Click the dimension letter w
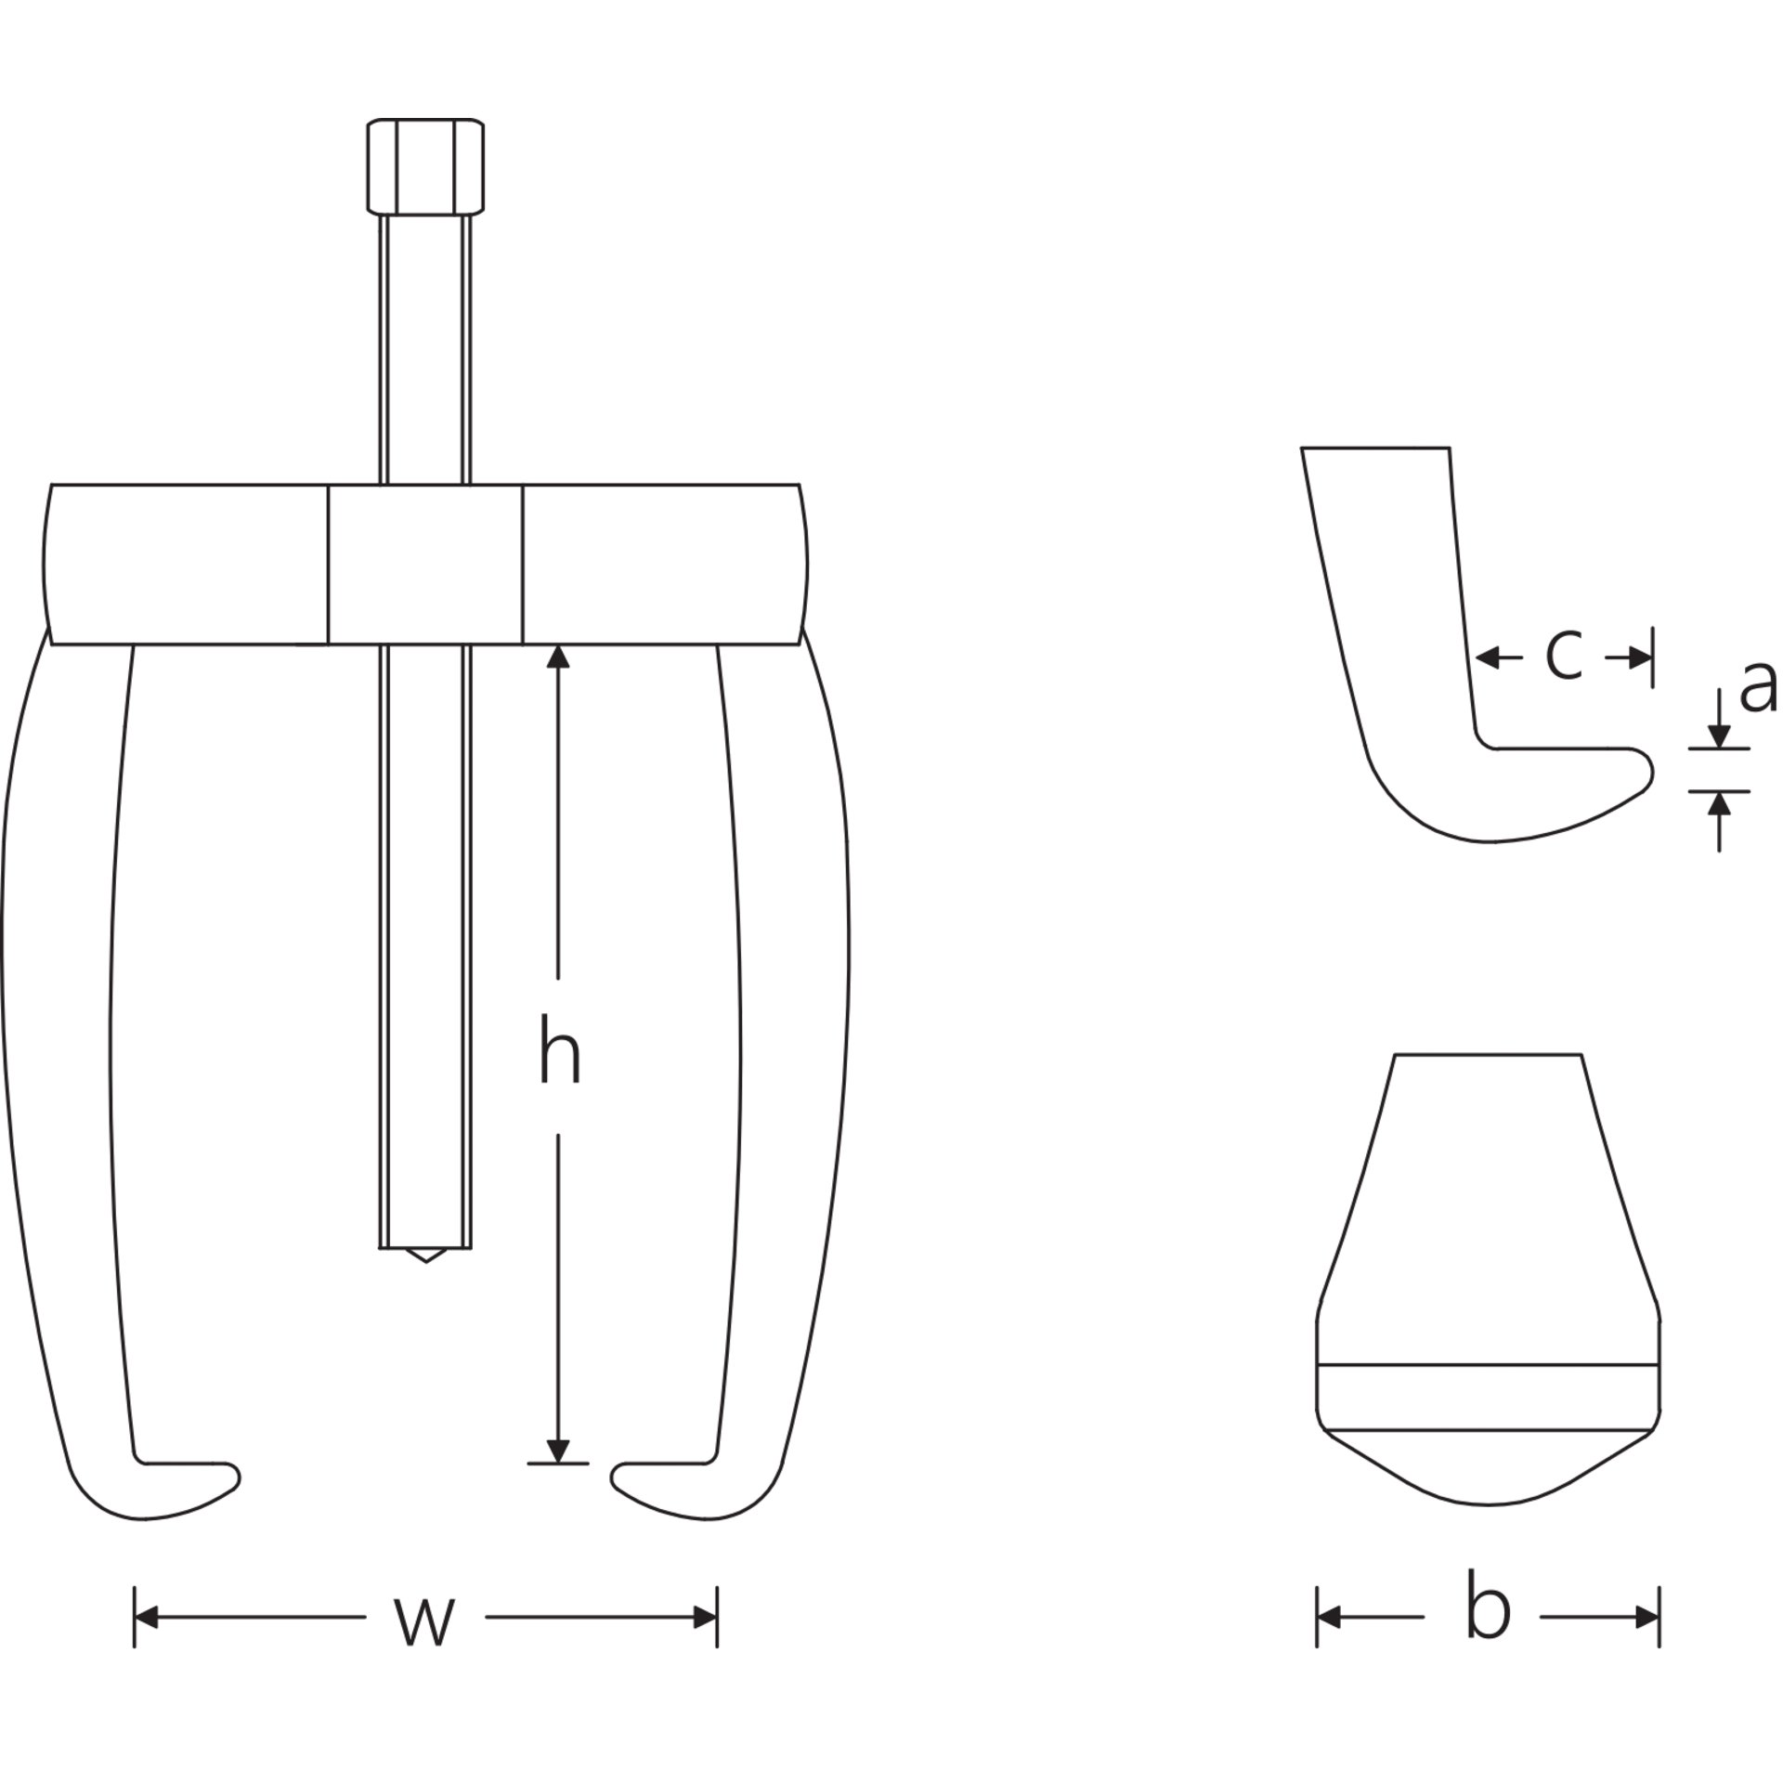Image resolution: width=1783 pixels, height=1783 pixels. pyautogui.click(x=425, y=1646)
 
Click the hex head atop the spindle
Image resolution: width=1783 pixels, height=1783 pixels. pyautogui.click(x=426, y=166)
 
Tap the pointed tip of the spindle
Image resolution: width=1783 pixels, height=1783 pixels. pyautogui.click(x=425, y=1262)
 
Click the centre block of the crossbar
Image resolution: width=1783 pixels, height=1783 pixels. pyautogui.click(x=425, y=565)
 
